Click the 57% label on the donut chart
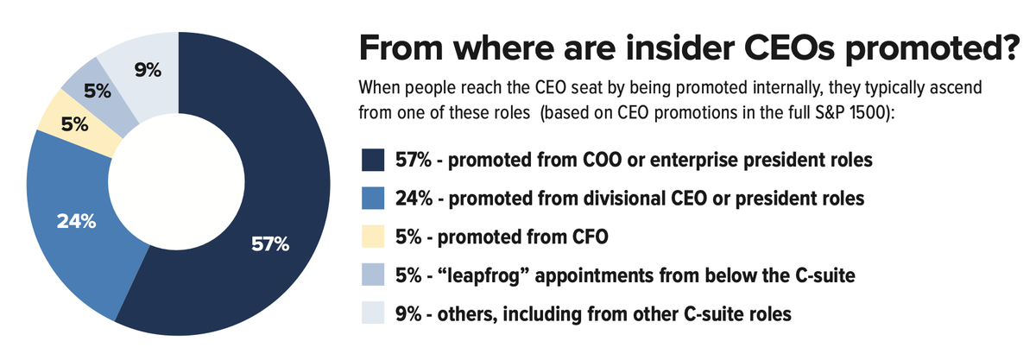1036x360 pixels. click(269, 244)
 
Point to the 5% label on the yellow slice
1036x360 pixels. click(74, 124)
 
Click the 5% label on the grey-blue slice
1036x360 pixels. click(96, 89)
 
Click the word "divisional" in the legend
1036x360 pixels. click(604, 199)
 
